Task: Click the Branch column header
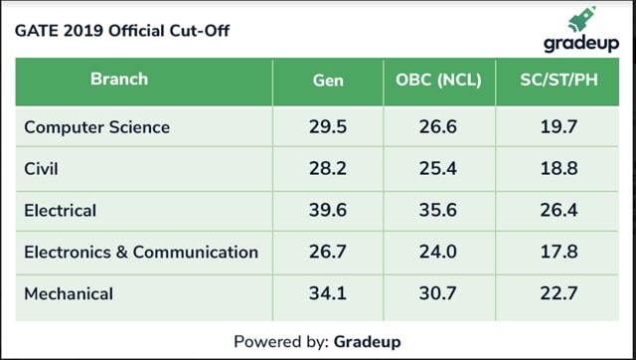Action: [x=118, y=79]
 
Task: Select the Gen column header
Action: [x=327, y=80]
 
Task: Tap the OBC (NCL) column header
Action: [x=438, y=80]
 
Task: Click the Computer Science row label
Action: [x=96, y=127]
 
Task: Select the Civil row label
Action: [x=42, y=169]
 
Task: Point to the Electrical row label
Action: [x=60, y=211]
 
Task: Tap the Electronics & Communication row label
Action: [x=140, y=252]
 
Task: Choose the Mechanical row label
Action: [x=68, y=293]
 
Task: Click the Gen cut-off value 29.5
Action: [x=327, y=127]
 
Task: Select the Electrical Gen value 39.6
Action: [x=327, y=211]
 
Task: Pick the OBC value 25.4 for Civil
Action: [x=438, y=169]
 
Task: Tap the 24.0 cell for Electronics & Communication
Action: [x=438, y=252]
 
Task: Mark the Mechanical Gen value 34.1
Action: [x=327, y=293]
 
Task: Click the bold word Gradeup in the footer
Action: [x=368, y=341]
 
